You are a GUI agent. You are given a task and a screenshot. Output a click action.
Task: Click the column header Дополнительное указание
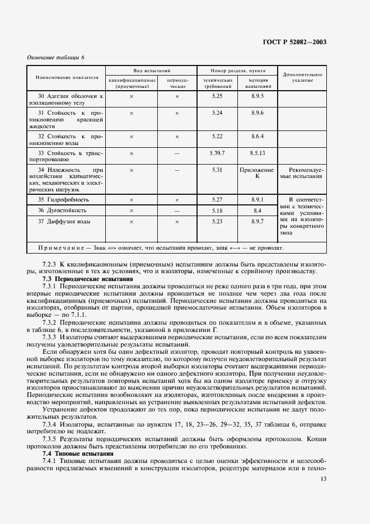click(302, 77)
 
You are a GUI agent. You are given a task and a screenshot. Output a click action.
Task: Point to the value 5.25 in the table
click(218, 96)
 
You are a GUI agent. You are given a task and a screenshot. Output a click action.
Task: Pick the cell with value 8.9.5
click(257, 96)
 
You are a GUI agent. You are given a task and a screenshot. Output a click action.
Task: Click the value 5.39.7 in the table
click(218, 152)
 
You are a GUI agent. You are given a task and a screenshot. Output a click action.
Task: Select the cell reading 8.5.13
click(257, 152)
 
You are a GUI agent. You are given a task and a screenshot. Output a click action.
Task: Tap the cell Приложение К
click(257, 172)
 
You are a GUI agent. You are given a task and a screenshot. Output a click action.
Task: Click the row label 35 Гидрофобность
click(63, 199)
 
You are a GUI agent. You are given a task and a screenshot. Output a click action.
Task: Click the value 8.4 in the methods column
click(257, 210)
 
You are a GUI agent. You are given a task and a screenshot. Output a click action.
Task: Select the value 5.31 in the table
click(218, 169)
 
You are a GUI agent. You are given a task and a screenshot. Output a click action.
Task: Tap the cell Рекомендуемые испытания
click(302, 172)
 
